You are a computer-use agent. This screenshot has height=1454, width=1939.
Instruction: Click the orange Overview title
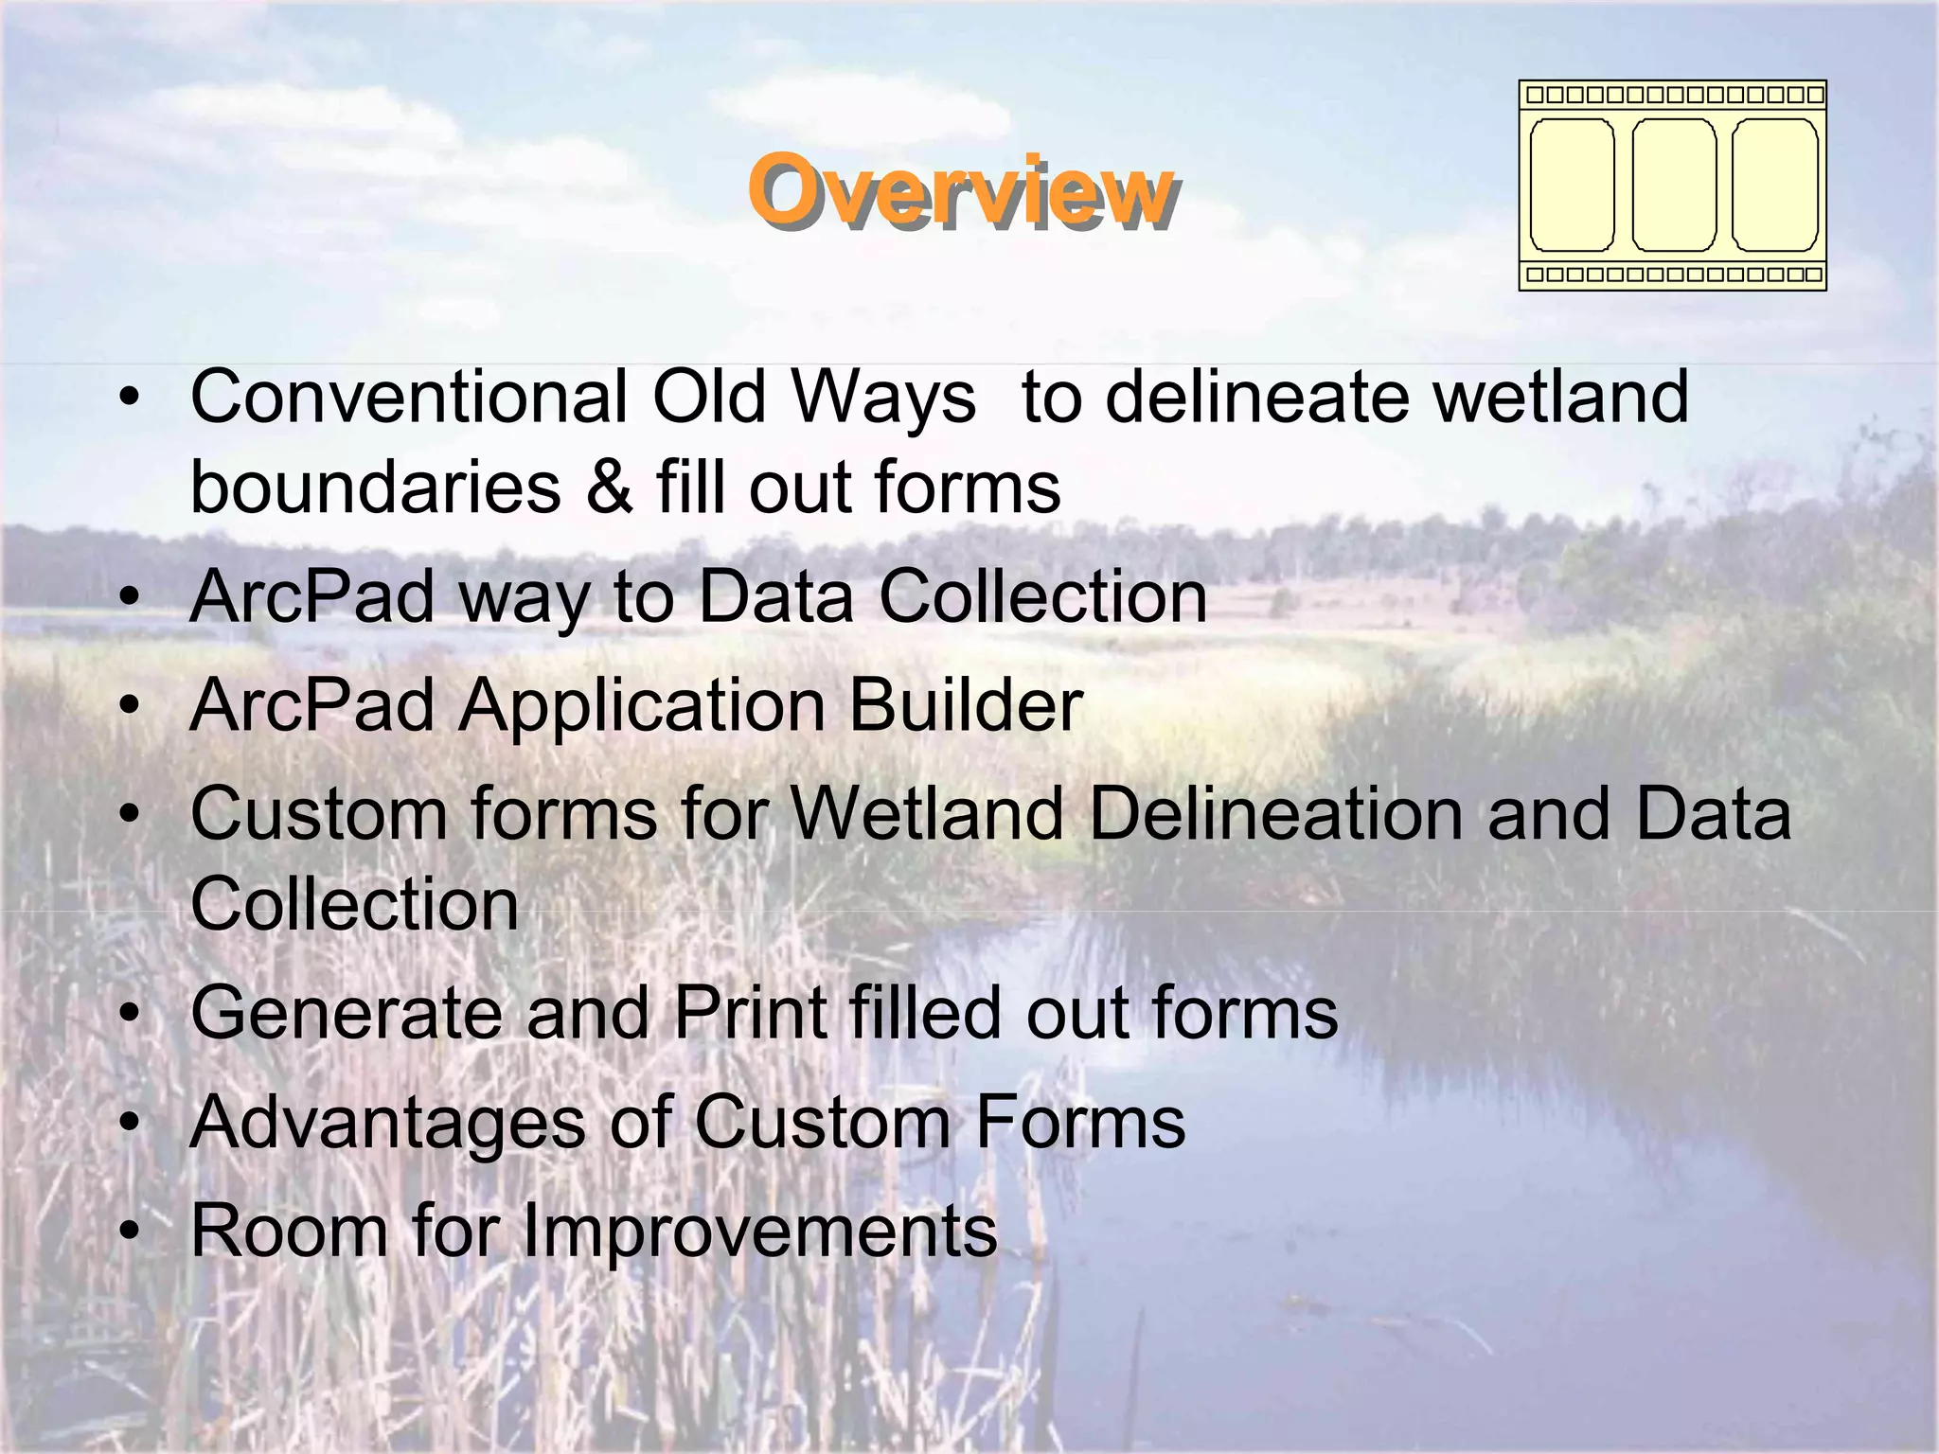coord(961,191)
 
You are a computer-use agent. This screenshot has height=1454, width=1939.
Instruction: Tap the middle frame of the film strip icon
coord(1674,186)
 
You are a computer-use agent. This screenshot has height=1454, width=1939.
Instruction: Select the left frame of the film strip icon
coord(1572,186)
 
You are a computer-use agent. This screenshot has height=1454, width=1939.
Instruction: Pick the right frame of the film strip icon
coord(1774,186)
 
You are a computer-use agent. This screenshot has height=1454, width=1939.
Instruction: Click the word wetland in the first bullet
coord(1560,398)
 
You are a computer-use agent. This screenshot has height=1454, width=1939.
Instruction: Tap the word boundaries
coord(376,488)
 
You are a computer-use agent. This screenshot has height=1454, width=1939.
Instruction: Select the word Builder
coord(965,706)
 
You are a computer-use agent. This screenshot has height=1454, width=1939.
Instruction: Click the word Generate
coord(346,1013)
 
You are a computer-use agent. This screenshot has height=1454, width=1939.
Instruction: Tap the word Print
coord(750,1013)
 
